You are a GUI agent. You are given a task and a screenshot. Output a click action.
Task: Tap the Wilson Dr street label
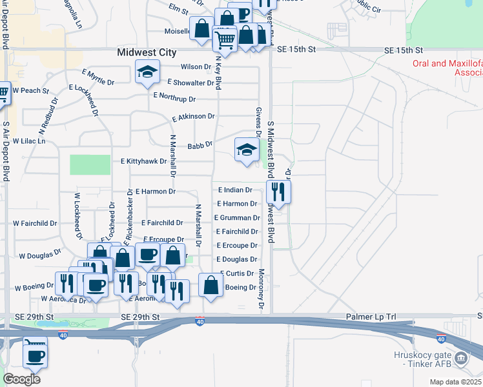[x=196, y=66]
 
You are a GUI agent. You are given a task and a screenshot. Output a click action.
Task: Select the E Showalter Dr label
[x=190, y=83]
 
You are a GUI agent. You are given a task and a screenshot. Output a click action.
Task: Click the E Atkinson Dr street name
[x=192, y=117]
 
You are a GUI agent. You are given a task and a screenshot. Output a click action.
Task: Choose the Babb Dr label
[x=200, y=146]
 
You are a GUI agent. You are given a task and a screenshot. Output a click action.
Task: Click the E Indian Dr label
[x=235, y=190]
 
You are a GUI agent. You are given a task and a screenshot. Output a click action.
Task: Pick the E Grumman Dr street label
[x=237, y=218]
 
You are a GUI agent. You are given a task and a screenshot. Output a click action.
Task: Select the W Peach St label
[x=30, y=91]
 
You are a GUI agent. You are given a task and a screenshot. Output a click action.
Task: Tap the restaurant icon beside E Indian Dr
[x=278, y=192]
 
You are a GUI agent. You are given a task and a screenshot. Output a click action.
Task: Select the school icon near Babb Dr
[x=246, y=150]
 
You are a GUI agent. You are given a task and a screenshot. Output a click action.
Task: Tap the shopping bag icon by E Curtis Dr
[x=211, y=284]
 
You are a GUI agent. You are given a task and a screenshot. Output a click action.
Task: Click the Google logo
[x=21, y=379]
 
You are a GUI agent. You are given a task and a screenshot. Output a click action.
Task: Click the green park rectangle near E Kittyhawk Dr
[x=90, y=164]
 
